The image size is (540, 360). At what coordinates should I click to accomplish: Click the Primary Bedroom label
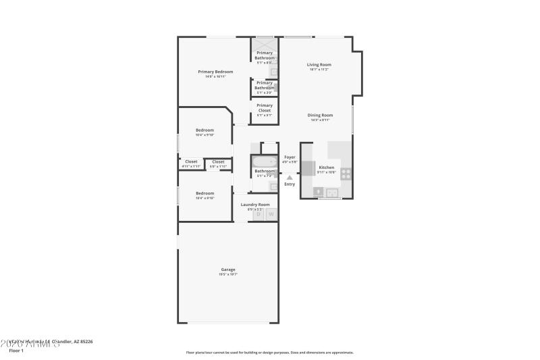[215, 72]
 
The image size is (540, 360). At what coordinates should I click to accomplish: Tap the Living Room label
[320, 65]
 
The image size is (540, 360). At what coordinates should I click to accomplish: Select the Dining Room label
[321, 115]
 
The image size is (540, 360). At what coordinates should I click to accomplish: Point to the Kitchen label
[327, 167]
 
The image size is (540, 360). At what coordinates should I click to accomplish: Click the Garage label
[228, 269]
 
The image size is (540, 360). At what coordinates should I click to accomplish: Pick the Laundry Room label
[255, 204]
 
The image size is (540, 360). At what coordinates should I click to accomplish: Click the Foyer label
[290, 157]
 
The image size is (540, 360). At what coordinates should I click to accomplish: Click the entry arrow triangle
[290, 178]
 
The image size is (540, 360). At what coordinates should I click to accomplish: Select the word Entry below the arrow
[290, 184]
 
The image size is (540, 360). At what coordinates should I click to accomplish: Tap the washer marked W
[271, 215]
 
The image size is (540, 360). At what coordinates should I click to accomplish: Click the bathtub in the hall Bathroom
[264, 161]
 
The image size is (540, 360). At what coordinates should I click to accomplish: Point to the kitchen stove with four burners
[346, 173]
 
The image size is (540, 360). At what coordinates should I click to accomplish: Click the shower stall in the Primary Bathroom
[265, 43]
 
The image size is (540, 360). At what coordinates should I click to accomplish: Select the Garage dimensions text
[228, 275]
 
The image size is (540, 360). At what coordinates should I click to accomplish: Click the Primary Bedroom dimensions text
[215, 77]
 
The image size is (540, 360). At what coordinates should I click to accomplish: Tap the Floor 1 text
[16, 351]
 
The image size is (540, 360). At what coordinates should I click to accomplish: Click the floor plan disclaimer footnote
[269, 352]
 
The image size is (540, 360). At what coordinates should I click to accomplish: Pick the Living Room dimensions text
[320, 70]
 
